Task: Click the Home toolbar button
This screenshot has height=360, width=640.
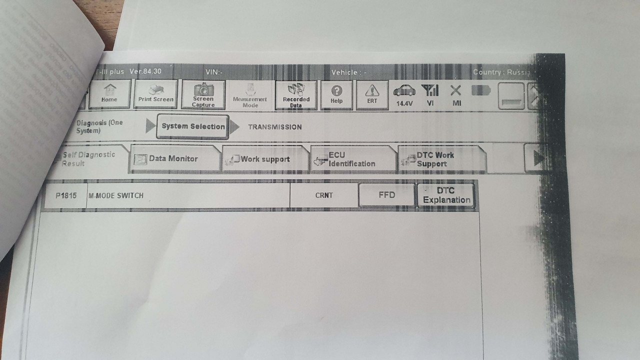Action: pyautogui.click(x=109, y=94)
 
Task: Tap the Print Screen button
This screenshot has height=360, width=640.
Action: pyautogui.click(x=156, y=94)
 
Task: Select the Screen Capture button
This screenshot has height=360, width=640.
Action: pyautogui.click(x=203, y=94)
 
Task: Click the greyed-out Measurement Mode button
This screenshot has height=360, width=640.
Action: pyautogui.click(x=250, y=95)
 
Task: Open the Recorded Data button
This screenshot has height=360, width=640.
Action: pyautogui.click(x=296, y=95)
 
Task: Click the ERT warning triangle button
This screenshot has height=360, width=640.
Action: pyautogui.click(x=372, y=94)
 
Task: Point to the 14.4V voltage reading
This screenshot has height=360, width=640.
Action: pyautogui.click(x=404, y=103)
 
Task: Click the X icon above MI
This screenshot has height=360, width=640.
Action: pyautogui.click(x=455, y=90)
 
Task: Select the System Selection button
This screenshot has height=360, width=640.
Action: pyautogui.click(x=193, y=126)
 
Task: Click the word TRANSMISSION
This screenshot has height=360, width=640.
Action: pyautogui.click(x=275, y=127)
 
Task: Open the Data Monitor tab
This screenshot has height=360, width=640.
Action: pyautogui.click(x=173, y=159)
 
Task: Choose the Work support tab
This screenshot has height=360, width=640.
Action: pyautogui.click(x=265, y=159)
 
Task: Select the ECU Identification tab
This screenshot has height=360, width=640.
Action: pyautogui.click(x=351, y=159)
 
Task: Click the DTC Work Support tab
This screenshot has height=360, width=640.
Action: pyautogui.click(x=435, y=159)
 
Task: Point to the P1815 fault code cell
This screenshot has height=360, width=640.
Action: pyautogui.click(x=66, y=195)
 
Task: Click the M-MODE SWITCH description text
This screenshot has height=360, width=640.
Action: pyautogui.click(x=116, y=195)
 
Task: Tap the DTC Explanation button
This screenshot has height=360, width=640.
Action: pyautogui.click(x=446, y=195)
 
